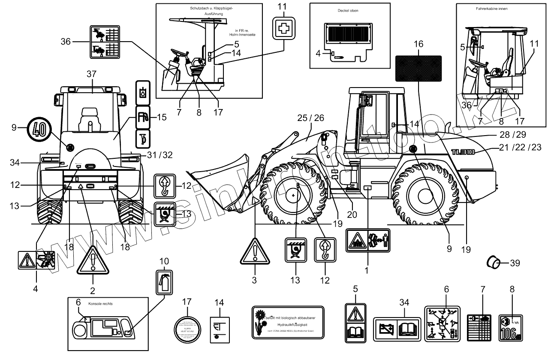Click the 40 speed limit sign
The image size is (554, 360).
[39, 128]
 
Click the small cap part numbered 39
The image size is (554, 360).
[495, 262]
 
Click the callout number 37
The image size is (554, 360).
[91, 74]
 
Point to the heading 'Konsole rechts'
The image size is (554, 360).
[100, 303]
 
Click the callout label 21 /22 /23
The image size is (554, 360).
[520, 147]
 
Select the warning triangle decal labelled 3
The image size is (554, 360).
[255, 251]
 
